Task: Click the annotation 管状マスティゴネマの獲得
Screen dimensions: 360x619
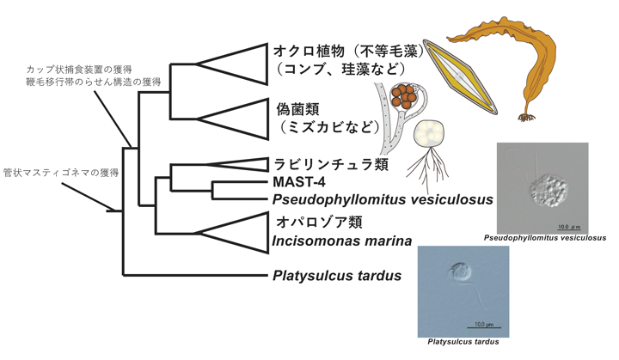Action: click(61, 172)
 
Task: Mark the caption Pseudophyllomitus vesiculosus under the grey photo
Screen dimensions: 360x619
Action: click(544, 238)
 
